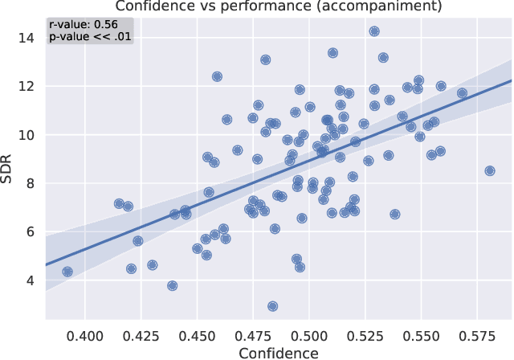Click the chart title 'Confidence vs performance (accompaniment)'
[x=279, y=7]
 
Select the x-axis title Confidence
[x=279, y=352]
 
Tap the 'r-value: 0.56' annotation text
[x=84, y=24]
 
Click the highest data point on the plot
[x=374, y=31]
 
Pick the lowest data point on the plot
[x=273, y=306]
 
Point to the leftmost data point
[x=67, y=272]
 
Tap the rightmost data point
[x=490, y=170]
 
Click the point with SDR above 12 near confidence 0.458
[x=217, y=76]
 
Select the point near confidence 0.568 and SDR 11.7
[x=462, y=93]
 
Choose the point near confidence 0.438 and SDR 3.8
[x=172, y=285]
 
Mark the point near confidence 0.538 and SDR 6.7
[x=394, y=215]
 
